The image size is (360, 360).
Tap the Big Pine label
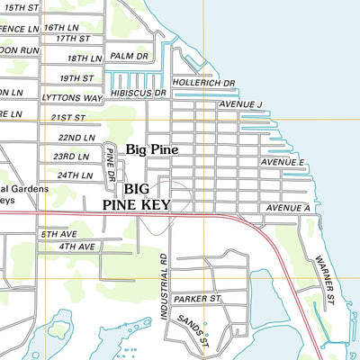(x=152, y=149)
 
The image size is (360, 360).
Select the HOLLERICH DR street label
(x=203, y=83)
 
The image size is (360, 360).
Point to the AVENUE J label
(x=239, y=105)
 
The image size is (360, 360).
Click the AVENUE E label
(x=283, y=162)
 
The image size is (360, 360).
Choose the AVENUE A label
(x=287, y=209)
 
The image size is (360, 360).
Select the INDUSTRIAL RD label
(x=165, y=287)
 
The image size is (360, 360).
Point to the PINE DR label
(x=110, y=165)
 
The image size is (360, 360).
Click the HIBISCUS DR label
(x=139, y=93)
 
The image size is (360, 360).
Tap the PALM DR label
(x=129, y=56)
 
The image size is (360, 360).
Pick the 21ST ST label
(x=67, y=117)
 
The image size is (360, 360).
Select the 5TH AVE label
(x=60, y=233)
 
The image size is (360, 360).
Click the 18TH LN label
(x=85, y=58)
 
